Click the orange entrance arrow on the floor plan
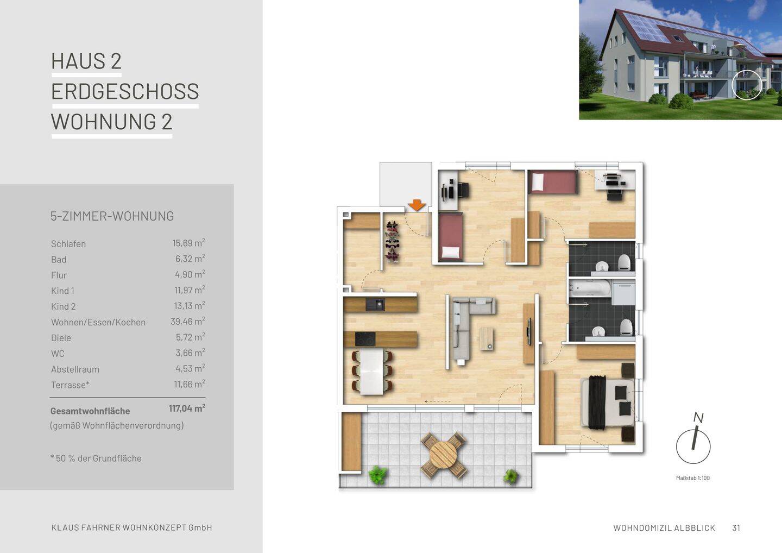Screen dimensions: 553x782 click(x=417, y=205)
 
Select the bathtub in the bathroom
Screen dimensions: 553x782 click(x=590, y=289)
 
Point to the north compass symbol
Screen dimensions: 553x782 click(x=693, y=445)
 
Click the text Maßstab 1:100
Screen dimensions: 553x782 click(x=692, y=478)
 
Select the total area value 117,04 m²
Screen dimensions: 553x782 click(x=187, y=408)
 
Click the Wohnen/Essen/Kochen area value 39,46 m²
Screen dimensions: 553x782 click(x=187, y=322)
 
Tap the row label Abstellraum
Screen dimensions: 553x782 click(x=75, y=369)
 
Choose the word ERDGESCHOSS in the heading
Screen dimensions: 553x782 click(x=125, y=91)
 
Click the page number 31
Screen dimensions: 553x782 click(x=736, y=528)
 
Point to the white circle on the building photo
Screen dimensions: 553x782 click(x=747, y=85)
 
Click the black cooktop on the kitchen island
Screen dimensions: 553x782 click(x=365, y=339)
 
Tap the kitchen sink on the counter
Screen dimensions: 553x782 click(x=375, y=304)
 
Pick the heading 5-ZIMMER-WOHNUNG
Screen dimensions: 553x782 click(x=112, y=216)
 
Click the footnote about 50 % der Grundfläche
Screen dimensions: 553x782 click(x=96, y=458)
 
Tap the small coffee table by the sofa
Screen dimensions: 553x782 click(x=487, y=338)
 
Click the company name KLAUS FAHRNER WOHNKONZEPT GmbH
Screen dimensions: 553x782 click(x=131, y=528)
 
